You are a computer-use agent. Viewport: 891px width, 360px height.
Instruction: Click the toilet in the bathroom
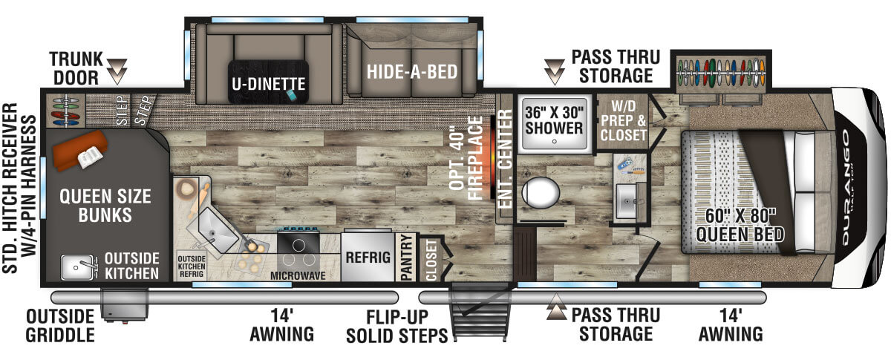(x=541, y=193)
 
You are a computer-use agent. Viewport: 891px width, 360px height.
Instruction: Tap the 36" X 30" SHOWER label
(x=554, y=120)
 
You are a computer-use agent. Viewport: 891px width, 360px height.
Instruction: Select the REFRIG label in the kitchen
(x=368, y=258)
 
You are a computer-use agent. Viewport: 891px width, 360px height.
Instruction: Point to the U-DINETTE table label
(x=269, y=84)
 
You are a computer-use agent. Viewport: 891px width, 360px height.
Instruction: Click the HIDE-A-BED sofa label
(x=412, y=71)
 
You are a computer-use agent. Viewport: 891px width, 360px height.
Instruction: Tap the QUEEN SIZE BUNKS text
(x=105, y=206)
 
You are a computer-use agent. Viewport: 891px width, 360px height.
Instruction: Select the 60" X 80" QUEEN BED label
(x=740, y=225)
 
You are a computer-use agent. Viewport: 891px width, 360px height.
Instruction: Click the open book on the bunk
(x=91, y=157)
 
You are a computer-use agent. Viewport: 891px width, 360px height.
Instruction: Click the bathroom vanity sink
(x=627, y=201)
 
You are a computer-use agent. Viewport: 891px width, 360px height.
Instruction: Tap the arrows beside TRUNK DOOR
(x=117, y=71)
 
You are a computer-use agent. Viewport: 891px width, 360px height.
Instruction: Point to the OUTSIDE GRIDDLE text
(x=60, y=326)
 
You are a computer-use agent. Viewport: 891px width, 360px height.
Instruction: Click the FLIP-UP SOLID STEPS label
(x=397, y=327)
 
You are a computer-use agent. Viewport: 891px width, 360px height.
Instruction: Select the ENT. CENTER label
(x=505, y=159)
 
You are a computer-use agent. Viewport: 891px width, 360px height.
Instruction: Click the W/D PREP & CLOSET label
(x=623, y=120)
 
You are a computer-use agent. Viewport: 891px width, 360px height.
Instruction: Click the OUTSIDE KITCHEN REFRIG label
(x=192, y=266)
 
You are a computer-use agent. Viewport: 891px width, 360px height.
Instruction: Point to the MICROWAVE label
(x=298, y=275)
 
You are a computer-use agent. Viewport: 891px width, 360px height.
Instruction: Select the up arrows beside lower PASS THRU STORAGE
(x=556, y=307)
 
